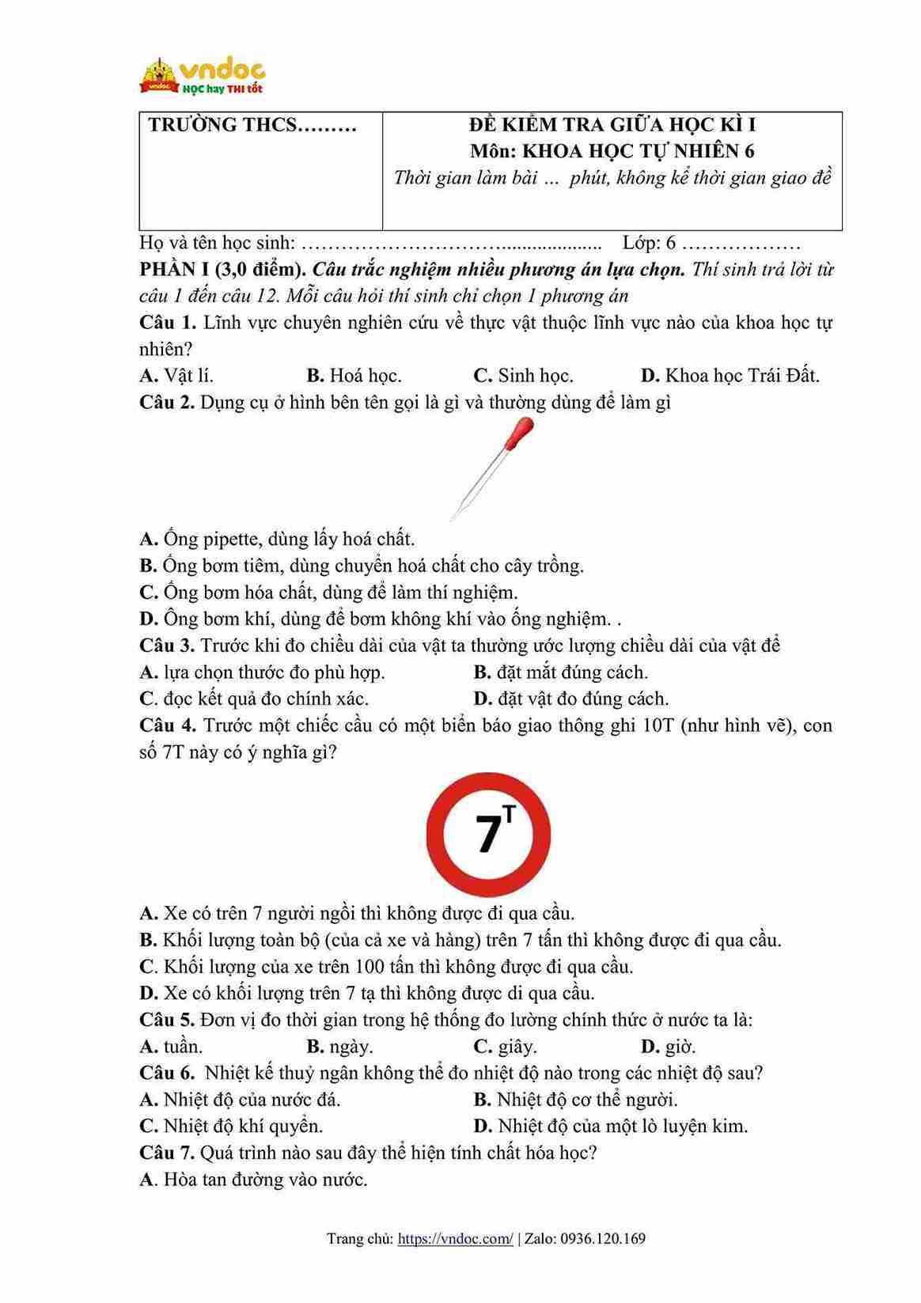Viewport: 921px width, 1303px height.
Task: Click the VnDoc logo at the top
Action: (203, 76)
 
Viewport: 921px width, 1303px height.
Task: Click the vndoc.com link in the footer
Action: (455, 1239)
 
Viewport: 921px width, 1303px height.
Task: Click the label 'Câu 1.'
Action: (167, 323)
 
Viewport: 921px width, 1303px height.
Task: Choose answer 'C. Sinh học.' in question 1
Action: (523, 376)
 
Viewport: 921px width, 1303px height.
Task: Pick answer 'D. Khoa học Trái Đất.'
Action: (730, 376)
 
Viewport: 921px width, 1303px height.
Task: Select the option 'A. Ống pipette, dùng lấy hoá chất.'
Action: (277, 540)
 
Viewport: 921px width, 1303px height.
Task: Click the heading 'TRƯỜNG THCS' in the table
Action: (252, 125)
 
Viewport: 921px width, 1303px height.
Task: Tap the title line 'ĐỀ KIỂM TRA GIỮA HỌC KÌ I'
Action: (612, 125)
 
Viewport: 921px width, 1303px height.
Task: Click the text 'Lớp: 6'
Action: (649, 243)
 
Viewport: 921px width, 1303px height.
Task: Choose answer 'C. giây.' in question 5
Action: (505, 1047)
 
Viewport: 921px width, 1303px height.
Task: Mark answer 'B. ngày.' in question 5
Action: (339, 1047)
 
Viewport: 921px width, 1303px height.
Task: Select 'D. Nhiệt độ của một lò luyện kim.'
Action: (610, 1126)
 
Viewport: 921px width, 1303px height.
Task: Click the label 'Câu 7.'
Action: (167, 1153)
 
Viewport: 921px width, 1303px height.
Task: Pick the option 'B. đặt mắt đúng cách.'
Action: (560, 672)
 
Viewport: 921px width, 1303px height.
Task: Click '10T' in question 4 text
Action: (658, 725)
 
